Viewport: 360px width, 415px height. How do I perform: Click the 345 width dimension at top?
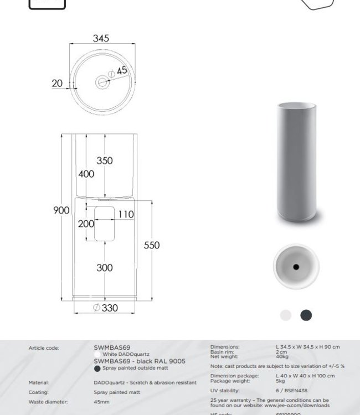click(x=101, y=38)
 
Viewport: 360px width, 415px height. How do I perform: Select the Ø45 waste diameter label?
click(x=119, y=71)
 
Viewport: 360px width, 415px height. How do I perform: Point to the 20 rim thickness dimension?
click(x=57, y=83)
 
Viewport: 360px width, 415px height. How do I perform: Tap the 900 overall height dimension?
click(x=61, y=210)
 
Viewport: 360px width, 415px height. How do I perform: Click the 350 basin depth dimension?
click(x=104, y=161)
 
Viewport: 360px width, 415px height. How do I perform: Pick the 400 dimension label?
click(x=86, y=174)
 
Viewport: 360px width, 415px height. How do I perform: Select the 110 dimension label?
click(x=126, y=214)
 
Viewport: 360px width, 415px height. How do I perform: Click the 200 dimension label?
click(x=86, y=224)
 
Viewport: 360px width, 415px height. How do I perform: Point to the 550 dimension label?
click(x=152, y=245)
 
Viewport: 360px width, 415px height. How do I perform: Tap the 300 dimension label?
click(x=104, y=268)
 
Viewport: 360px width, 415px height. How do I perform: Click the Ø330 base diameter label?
click(x=105, y=308)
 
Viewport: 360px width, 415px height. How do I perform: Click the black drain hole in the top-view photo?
click(x=295, y=267)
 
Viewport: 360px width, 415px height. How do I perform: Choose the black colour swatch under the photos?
click(x=306, y=315)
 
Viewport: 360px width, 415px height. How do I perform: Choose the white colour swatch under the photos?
click(x=285, y=315)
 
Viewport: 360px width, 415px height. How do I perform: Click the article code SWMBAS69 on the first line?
click(x=112, y=348)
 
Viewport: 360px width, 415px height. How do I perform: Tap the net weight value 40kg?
click(x=282, y=357)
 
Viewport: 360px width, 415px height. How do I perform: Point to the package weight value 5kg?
click(x=280, y=380)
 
